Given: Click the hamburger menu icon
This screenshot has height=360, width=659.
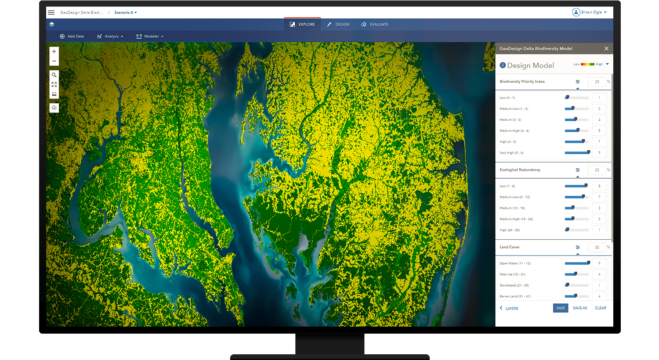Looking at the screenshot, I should [x=51, y=12].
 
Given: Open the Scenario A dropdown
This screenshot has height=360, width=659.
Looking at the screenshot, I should [x=125, y=12].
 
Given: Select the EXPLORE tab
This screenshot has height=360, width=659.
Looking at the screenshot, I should [x=302, y=24].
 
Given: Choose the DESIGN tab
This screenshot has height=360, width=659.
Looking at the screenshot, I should [x=338, y=24].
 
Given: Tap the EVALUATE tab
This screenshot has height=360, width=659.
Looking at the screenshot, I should [x=375, y=24].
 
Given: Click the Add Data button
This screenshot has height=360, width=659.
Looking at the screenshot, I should [x=72, y=36].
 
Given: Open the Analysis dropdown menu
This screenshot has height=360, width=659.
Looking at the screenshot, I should [x=110, y=36].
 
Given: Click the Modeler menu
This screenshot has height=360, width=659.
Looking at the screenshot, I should [x=150, y=36].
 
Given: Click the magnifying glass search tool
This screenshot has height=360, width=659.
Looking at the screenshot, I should [x=54, y=75].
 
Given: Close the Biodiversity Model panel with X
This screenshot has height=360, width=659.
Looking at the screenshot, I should [x=606, y=48].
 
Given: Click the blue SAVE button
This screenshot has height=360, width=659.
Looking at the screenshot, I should [x=561, y=308].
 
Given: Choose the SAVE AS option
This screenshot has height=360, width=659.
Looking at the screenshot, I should [x=580, y=308].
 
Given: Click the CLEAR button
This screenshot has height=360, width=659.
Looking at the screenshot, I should [x=601, y=308].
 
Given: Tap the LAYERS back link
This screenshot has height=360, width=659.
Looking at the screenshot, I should [x=509, y=308].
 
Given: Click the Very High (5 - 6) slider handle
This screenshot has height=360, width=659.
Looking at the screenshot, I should [x=589, y=152].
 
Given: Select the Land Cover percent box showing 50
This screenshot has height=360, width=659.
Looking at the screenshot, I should [x=597, y=247].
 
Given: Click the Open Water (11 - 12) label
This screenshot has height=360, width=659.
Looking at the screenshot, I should [x=515, y=263].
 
